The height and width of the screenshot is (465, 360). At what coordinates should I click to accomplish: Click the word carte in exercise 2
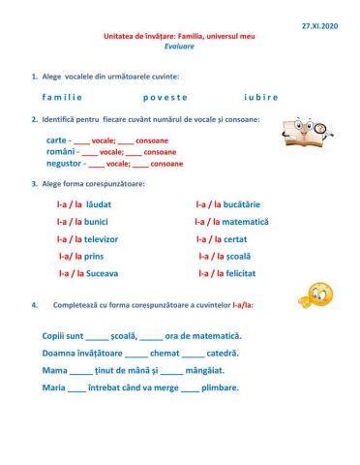(56, 140)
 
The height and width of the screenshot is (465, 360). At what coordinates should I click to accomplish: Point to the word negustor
(64, 164)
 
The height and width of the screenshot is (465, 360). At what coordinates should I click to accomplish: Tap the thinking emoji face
(315, 295)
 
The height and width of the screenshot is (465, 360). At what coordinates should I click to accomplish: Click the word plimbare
(221, 387)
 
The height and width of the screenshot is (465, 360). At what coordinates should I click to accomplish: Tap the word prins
(95, 257)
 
